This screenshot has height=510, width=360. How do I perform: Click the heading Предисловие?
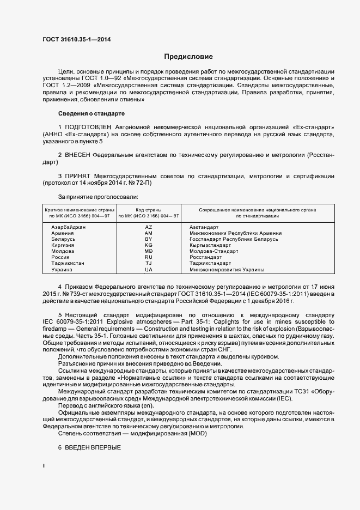click(x=188, y=57)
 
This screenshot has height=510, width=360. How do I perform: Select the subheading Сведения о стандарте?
click(x=91, y=113)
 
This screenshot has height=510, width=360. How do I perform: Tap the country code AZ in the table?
click(x=149, y=227)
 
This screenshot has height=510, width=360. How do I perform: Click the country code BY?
click(x=149, y=239)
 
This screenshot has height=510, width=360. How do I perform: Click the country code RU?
click(x=149, y=257)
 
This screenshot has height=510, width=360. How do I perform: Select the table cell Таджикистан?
click(x=68, y=263)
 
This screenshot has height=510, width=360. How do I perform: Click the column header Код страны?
click(x=149, y=210)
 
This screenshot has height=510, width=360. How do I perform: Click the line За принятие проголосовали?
click(x=98, y=196)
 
